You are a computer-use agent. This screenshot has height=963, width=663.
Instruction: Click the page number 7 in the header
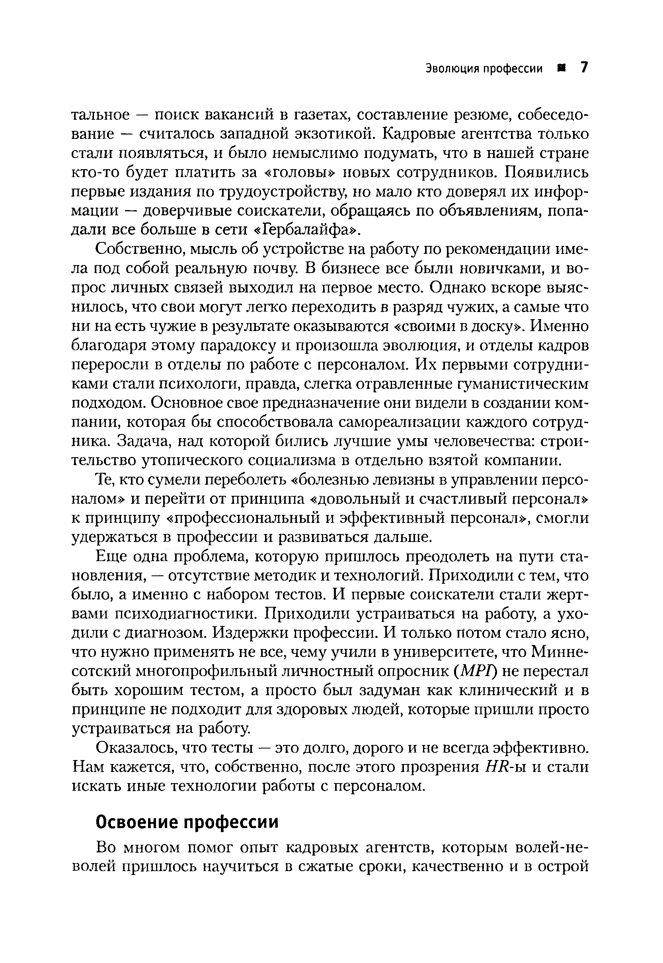[584, 67]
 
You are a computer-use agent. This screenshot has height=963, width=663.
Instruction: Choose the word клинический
[503, 690]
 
